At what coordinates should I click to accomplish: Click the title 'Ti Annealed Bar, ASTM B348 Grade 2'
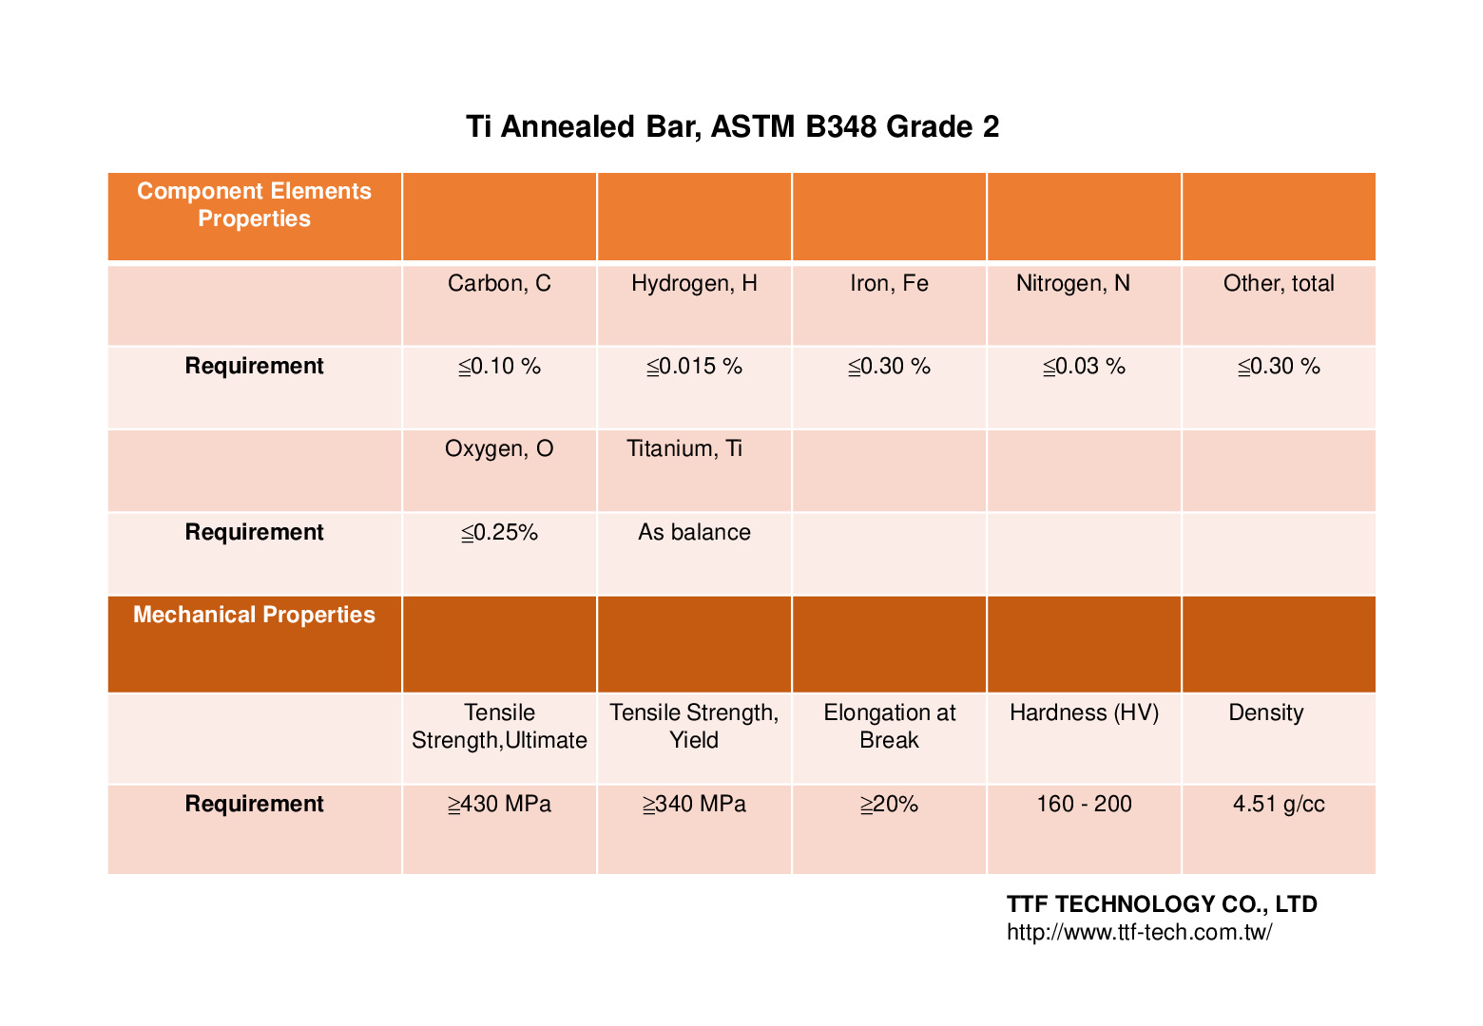pos(732,126)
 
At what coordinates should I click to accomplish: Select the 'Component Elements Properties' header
pos(254,205)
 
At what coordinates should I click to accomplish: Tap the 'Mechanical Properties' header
pos(254,615)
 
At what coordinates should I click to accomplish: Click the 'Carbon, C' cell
pos(499,283)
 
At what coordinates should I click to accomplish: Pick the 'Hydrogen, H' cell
pos(694,283)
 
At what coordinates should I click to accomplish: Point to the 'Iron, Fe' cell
pos(889,283)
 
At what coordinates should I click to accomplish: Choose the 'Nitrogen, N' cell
pos(1073,283)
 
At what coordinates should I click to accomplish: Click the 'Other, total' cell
pos(1279,283)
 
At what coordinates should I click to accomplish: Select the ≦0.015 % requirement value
pos(694,367)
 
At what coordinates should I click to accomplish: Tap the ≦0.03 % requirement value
pos(1084,367)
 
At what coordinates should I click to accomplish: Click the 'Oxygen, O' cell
pos(499,448)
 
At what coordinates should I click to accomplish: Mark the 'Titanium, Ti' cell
pos(684,448)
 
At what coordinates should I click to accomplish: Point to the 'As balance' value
pos(694,532)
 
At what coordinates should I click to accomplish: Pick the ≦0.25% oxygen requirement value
pos(499,532)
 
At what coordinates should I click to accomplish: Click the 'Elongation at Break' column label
pos(889,726)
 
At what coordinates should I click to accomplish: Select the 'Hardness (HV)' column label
pos(1084,712)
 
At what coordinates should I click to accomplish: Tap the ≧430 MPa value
pos(499,805)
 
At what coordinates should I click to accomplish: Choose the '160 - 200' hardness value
pos(1084,805)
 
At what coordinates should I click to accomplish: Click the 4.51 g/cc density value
pos(1279,805)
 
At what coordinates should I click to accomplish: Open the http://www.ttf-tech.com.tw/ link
pos(1139,932)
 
